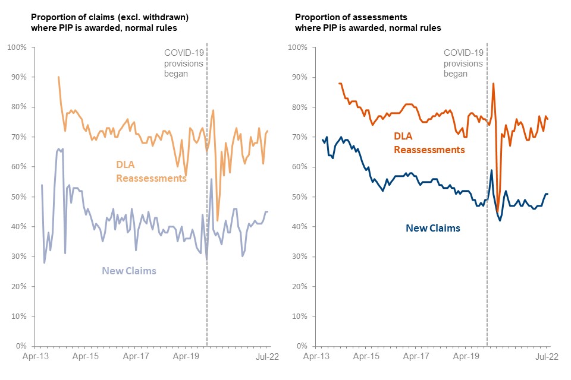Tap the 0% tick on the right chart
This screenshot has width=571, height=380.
301,346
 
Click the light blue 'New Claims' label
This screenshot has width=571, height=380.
129,271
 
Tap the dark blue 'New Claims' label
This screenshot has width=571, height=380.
432,228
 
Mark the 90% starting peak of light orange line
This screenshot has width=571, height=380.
58,77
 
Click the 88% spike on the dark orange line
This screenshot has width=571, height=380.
494,84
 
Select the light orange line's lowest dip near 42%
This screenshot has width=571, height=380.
217,220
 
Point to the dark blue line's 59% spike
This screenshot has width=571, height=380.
491,170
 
